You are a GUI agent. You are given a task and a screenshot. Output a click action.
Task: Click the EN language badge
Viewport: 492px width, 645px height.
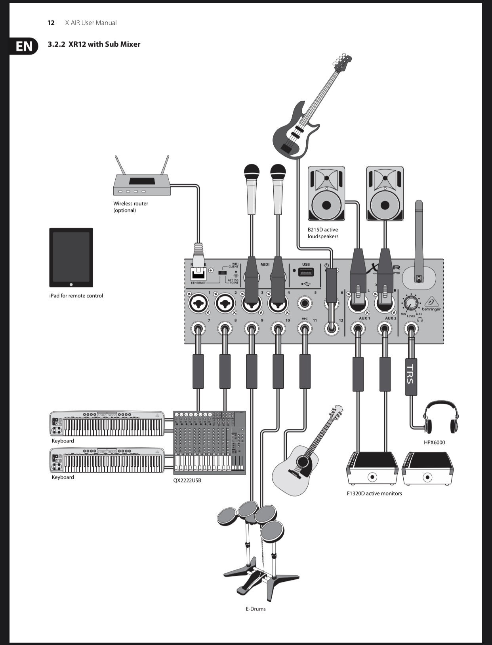24,46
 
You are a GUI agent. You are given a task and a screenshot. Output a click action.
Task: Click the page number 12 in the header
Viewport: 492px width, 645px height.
51,23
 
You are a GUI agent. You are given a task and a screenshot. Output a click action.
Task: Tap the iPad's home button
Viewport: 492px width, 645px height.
71,284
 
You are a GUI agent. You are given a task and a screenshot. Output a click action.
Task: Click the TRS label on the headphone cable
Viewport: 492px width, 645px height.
411,374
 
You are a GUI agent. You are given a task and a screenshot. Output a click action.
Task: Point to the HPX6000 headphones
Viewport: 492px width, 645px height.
440,418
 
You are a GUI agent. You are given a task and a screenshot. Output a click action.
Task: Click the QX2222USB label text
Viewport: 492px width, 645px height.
187,480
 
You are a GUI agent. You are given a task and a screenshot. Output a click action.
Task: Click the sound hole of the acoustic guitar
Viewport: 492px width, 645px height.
304,462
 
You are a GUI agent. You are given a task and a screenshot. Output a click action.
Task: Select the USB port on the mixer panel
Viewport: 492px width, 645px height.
306,272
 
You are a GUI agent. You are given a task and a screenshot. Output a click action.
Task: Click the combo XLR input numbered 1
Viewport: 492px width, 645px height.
198,304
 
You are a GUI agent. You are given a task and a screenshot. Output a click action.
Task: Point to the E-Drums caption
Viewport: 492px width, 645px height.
256,609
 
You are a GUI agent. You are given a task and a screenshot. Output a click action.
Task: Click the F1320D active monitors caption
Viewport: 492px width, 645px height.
374,493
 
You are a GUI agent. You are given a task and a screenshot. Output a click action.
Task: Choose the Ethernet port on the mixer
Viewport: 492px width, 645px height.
198,274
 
